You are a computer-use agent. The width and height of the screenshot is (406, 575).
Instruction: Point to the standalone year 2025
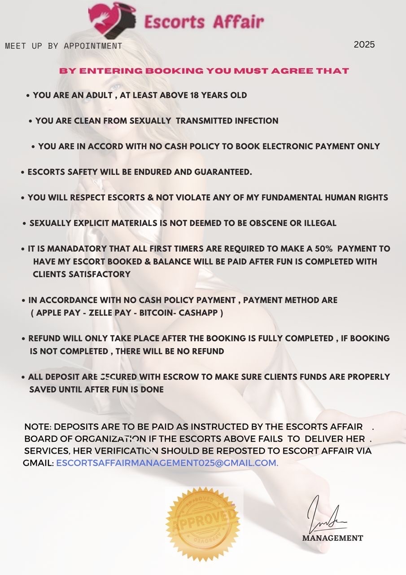364,44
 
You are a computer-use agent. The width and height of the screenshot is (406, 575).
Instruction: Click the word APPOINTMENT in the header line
93,46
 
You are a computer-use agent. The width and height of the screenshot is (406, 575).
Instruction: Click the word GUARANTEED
223,172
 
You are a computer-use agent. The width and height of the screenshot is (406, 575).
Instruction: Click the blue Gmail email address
167,463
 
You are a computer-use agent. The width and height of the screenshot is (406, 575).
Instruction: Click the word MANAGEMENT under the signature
332,538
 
